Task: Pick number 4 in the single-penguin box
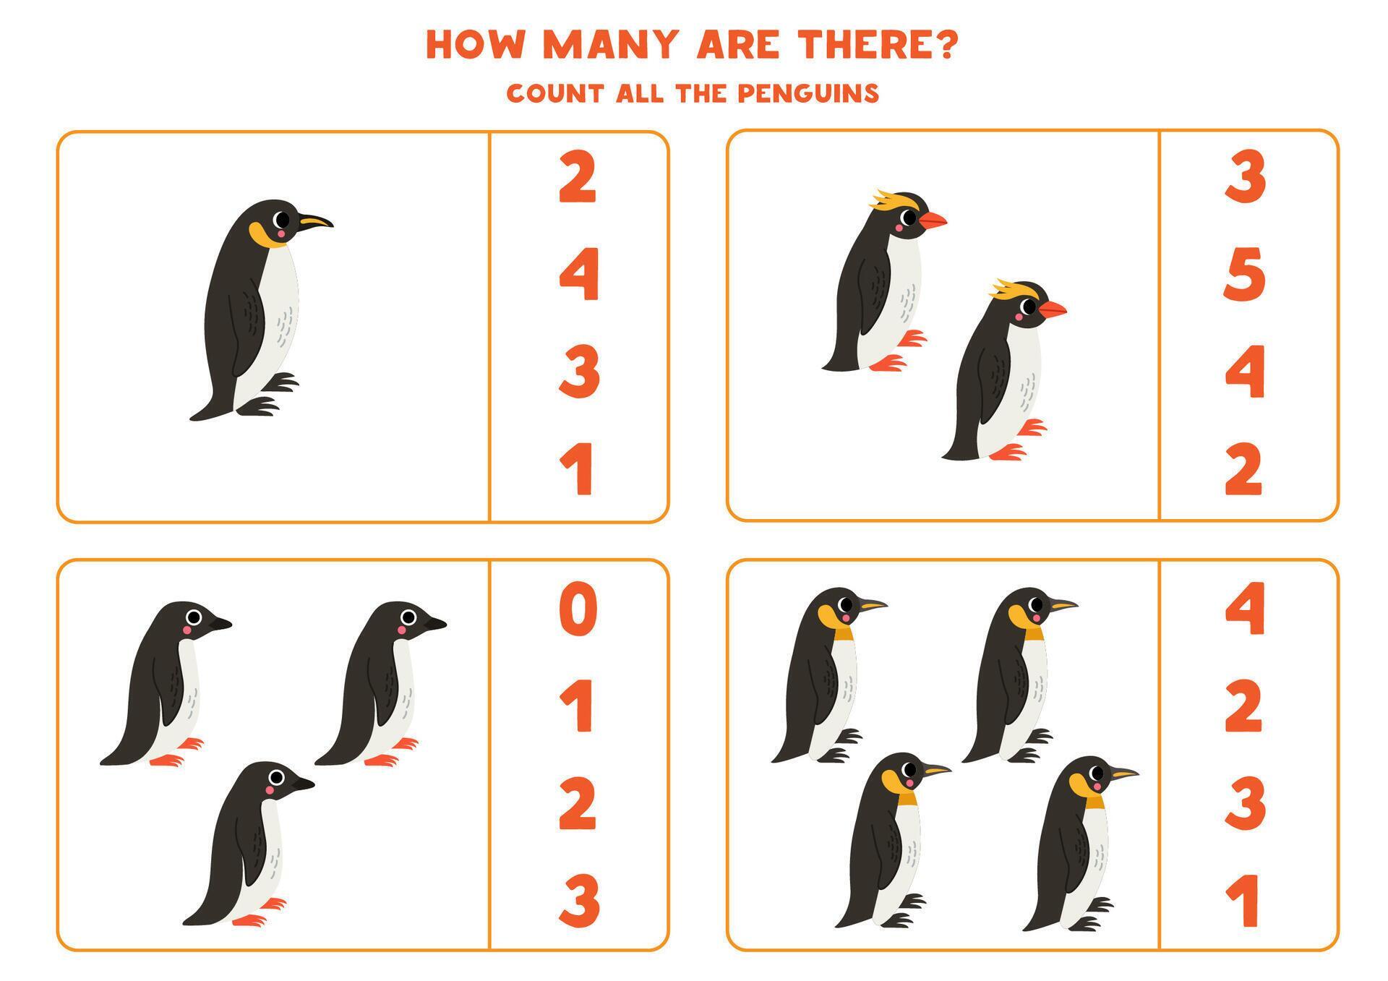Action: [x=579, y=274]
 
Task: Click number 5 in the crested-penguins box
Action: [x=1243, y=274]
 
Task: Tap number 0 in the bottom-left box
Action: [x=578, y=609]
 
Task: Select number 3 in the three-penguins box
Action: [x=579, y=900]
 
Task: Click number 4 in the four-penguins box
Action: [x=1244, y=609]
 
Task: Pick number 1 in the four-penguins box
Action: [x=1244, y=900]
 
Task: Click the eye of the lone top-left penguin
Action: [x=282, y=219]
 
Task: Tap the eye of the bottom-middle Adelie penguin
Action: [x=276, y=777]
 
